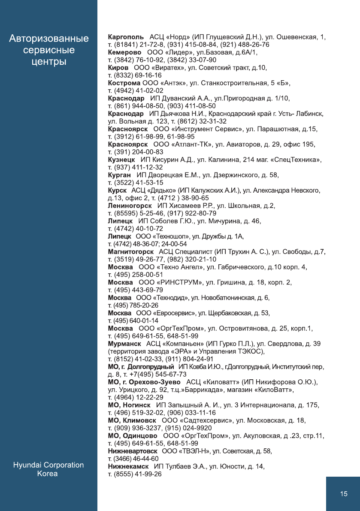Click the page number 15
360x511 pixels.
(x=344, y=494)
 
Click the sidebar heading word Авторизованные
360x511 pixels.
(x=49, y=39)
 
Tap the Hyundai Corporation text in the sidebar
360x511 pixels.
(x=48, y=465)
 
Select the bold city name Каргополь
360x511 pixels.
(x=126, y=37)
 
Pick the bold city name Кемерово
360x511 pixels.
(x=125, y=52)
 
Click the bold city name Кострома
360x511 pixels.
(x=124, y=83)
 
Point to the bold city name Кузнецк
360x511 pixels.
(x=122, y=160)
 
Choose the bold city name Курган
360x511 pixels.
(x=119, y=175)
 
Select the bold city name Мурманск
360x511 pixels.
(x=124, y=344)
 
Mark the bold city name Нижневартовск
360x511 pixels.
(x=133, y=451)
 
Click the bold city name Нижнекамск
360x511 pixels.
(x=128, y=466)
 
